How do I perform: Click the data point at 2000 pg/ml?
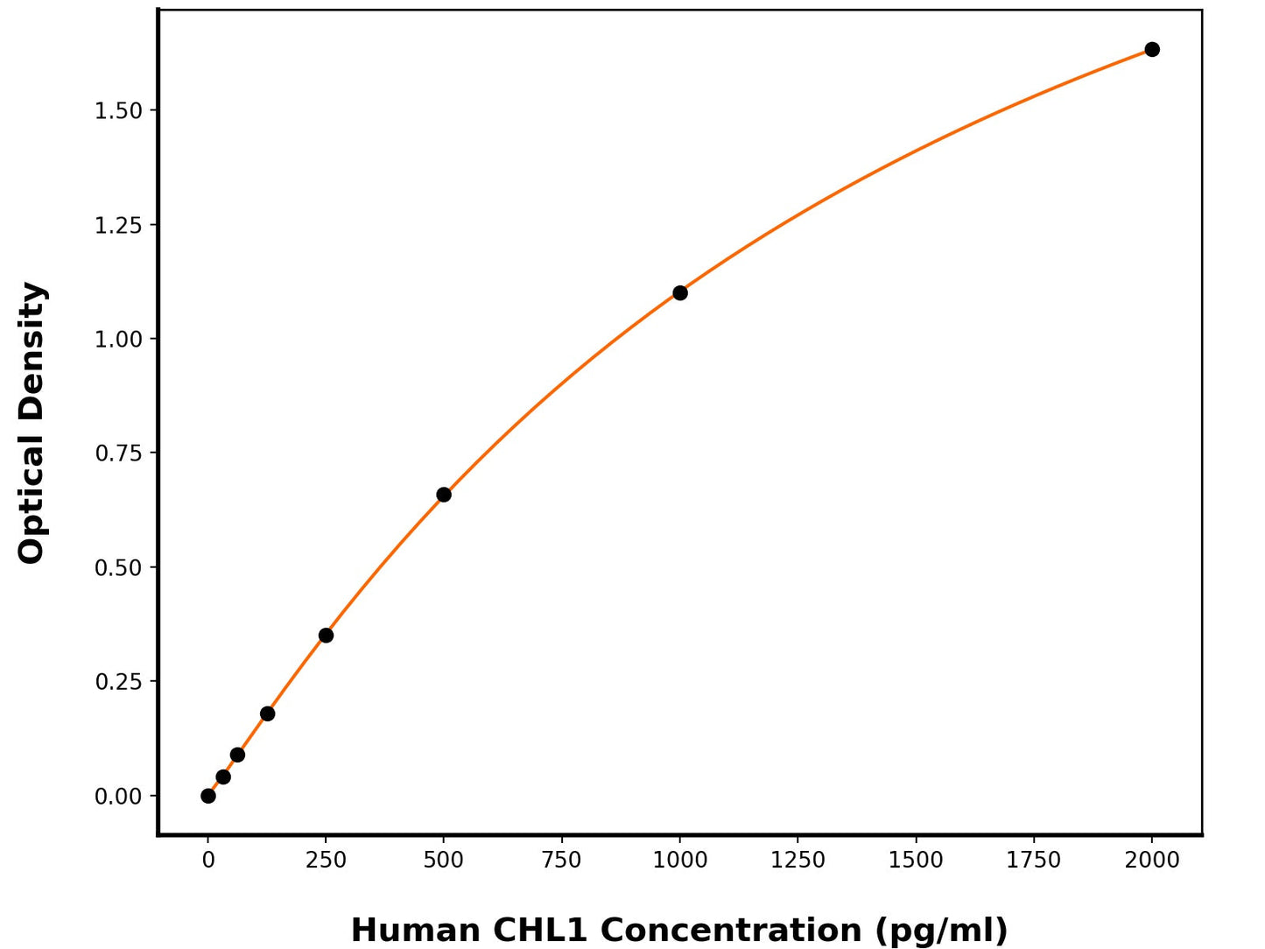coord(1152,49)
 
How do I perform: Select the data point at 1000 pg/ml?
coord(680,292)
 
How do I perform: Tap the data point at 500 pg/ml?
coord(444,495)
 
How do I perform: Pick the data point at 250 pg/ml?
coord(326,636)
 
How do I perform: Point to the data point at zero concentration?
coord(208,796)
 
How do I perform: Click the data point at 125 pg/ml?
coord(267,714)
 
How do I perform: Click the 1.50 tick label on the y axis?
coord(118,110)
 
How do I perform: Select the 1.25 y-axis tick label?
coord(118,225)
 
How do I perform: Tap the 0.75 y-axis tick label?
coord(118,453)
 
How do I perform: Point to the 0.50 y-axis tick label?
coord(118,567)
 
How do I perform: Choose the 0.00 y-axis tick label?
coord(118,797)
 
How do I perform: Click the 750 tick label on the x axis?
coord(561,861)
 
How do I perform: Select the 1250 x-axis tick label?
coord(798,861)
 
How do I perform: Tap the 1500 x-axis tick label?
coord(916,861)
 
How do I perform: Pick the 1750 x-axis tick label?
coord(1034,861)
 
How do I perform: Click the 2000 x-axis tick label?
coord(1152,861)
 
